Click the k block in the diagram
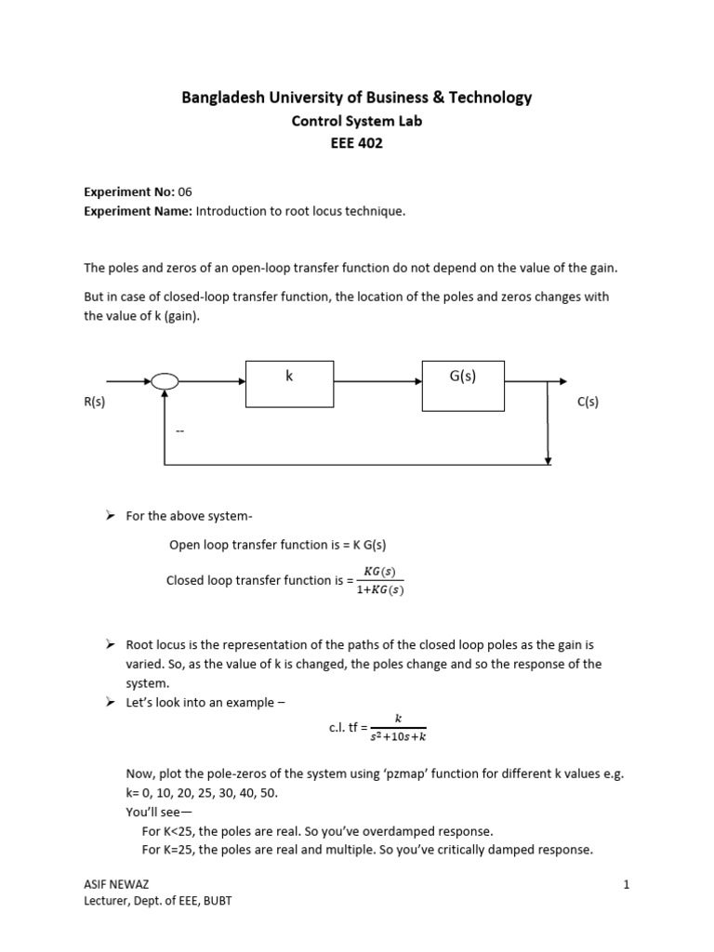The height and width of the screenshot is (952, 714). (289, 383)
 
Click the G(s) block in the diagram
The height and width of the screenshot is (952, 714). (462, 385)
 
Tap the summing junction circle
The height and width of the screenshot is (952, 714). (165, 381)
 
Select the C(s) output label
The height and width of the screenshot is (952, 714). (588, 402)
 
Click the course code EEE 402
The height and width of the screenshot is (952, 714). (356, 143)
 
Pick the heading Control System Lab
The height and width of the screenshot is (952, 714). (356, 121)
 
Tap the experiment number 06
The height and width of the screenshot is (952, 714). (185, 192)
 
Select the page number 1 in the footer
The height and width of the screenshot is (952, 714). (627, 884)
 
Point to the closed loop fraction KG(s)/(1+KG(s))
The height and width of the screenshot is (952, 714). (380, 580)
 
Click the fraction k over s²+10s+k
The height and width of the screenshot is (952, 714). (398, 727)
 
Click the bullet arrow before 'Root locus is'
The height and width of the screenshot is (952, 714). (109, 644)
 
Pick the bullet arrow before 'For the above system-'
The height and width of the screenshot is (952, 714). (109, 515)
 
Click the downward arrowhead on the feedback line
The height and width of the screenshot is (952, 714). (549, 459)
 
